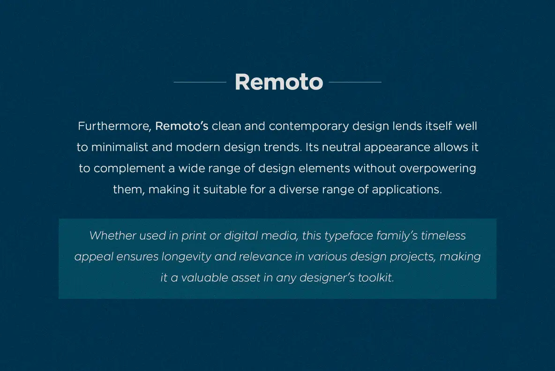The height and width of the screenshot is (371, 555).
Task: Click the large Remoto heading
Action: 278,82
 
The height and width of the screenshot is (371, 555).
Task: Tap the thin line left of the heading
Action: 200,82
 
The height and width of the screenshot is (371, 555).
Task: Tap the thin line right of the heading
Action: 355,82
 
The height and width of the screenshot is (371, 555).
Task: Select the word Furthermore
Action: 114,126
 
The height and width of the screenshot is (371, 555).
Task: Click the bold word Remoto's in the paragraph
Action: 182,126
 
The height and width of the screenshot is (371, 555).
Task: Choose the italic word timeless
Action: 443,235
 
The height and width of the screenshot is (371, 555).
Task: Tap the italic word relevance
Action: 271,257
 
